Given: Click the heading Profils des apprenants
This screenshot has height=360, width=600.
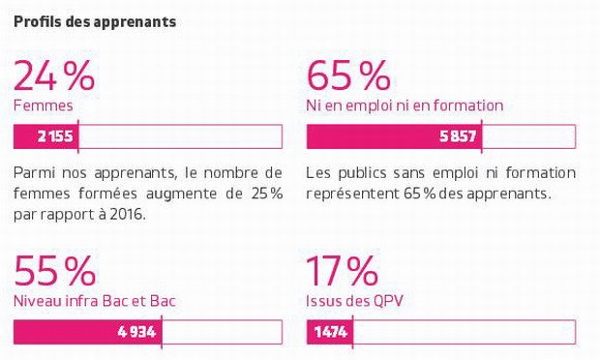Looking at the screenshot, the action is click(x=95, y=22).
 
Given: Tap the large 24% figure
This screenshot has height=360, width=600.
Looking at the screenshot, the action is click(x=54, y=75).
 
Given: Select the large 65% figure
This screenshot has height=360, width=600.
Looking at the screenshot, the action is click(x=348, y=75).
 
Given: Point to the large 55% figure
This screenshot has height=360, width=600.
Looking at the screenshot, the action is click(x=55, y=271).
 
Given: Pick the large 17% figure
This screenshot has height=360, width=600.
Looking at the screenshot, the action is click(x=343, y=271).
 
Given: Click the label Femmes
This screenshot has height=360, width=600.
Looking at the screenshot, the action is click(x=44, y=105).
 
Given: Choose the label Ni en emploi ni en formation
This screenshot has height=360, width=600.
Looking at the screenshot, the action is click(x=405, y=105).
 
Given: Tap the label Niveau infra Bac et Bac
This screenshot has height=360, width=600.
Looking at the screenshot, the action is click(x=95, y=301).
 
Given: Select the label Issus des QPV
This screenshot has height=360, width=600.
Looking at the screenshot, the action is click(x=355, y=301).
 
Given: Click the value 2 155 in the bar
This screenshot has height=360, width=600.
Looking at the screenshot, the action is click(x=55, y=136).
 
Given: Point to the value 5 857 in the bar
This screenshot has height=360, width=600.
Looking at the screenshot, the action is click(x=458, y=136).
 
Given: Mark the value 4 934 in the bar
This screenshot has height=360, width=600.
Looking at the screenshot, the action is click(x=137, y=332).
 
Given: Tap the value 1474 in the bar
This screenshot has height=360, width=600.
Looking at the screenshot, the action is click(x=331, y=332).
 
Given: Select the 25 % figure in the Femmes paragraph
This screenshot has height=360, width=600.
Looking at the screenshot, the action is click(x=267, y=194).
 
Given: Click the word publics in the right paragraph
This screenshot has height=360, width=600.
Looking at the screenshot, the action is click(x=362, y=173).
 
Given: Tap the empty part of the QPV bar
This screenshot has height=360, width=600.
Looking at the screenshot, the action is click(x=465, y=332).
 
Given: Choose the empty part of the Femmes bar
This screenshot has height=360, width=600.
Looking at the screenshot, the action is click(x=181, y=136).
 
